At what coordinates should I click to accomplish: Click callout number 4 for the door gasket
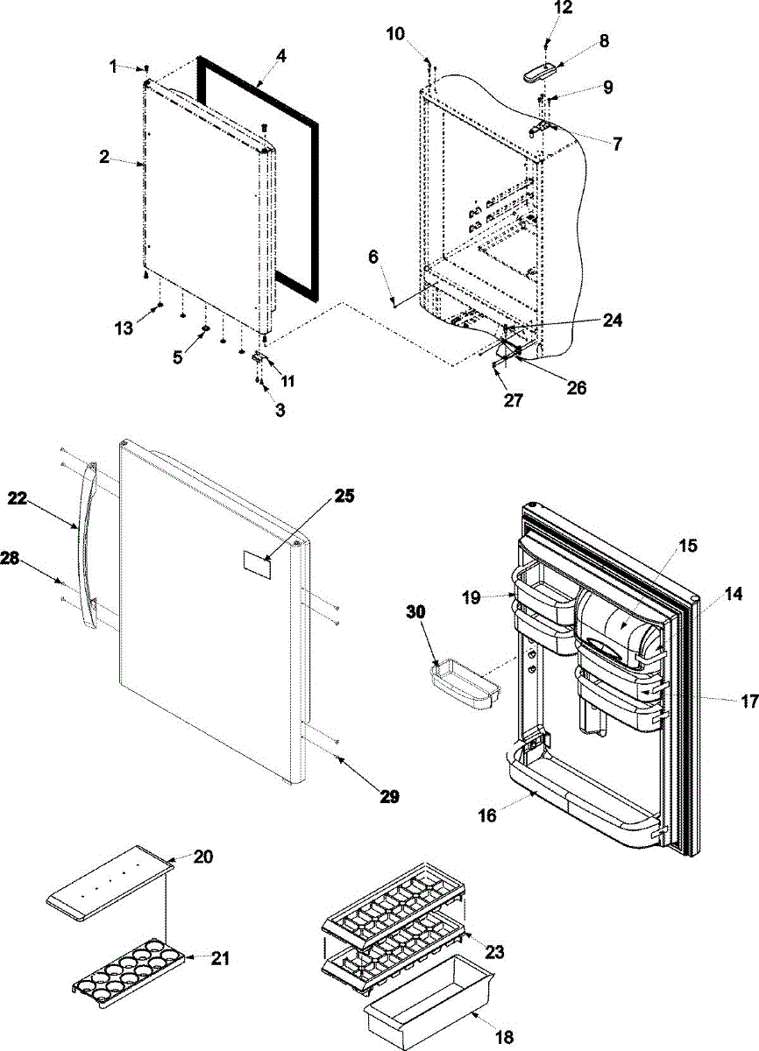coord(280,55)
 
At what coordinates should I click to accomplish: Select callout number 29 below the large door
coord(389,796)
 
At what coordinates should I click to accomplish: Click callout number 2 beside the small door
coord(104,158)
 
